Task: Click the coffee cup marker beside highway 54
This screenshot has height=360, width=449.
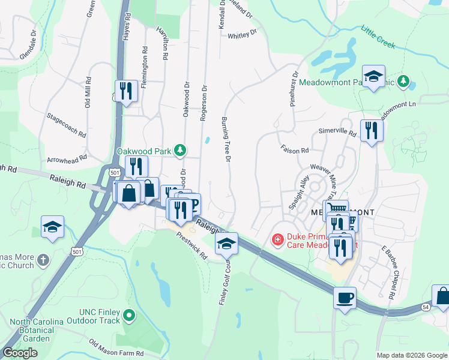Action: pos(345,298)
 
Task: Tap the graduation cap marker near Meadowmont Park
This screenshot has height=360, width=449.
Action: pos(373,76)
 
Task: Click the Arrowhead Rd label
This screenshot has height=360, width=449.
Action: pos(67,158)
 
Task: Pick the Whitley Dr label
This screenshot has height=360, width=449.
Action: pos(242,35)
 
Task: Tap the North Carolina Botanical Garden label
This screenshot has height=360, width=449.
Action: pos(36,330)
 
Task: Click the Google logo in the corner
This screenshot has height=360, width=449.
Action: pos(20,353)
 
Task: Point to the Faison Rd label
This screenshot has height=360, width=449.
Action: pos(294,149)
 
